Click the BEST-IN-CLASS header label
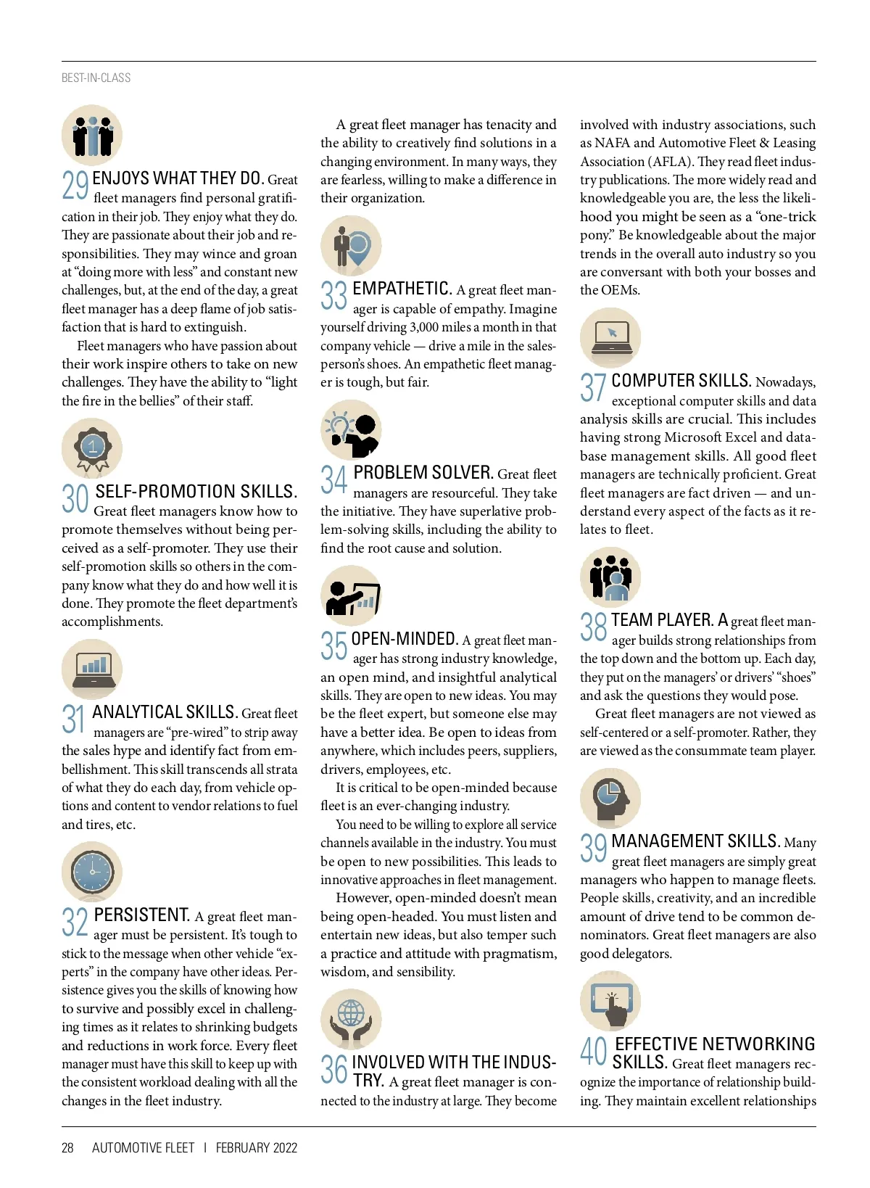[x=96, y=78]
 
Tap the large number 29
[x=75, y=186]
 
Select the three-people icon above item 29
[x=92, y=136]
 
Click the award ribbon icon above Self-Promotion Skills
[x=92, y=448]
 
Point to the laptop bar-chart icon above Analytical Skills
[x=92, y=669]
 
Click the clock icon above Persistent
[x=92, y=872]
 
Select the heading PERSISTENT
[x=142, y=915]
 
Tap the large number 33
[x=334, y=296]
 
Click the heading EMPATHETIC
[x=402, y=289]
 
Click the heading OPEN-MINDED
[x=405, y=639]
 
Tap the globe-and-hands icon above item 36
[x=351, y=1019]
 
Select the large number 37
[x=593, y=387]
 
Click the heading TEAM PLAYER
[x=662, y=620]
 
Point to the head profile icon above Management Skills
[x=610, y=798]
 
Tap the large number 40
[x=594, y=1051]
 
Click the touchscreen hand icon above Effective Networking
[x=610, y=1001]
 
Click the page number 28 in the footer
[x=67, y=1147]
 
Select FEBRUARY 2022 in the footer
[x=257, y=1147]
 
